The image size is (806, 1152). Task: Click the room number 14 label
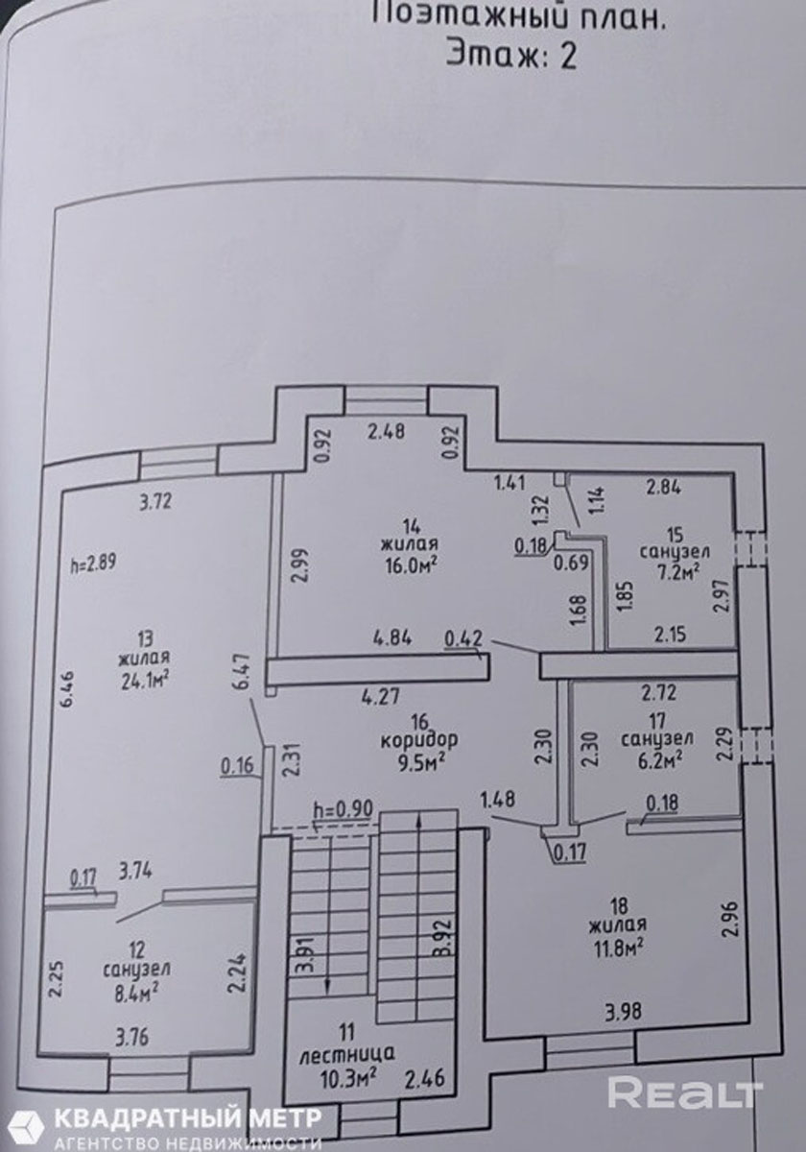(412, 525)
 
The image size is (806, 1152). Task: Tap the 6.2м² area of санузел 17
(656, 758)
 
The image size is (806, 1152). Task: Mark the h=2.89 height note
(94, 564)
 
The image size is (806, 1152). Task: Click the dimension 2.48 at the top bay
(387, 431)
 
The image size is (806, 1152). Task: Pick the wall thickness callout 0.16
(238, 765)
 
